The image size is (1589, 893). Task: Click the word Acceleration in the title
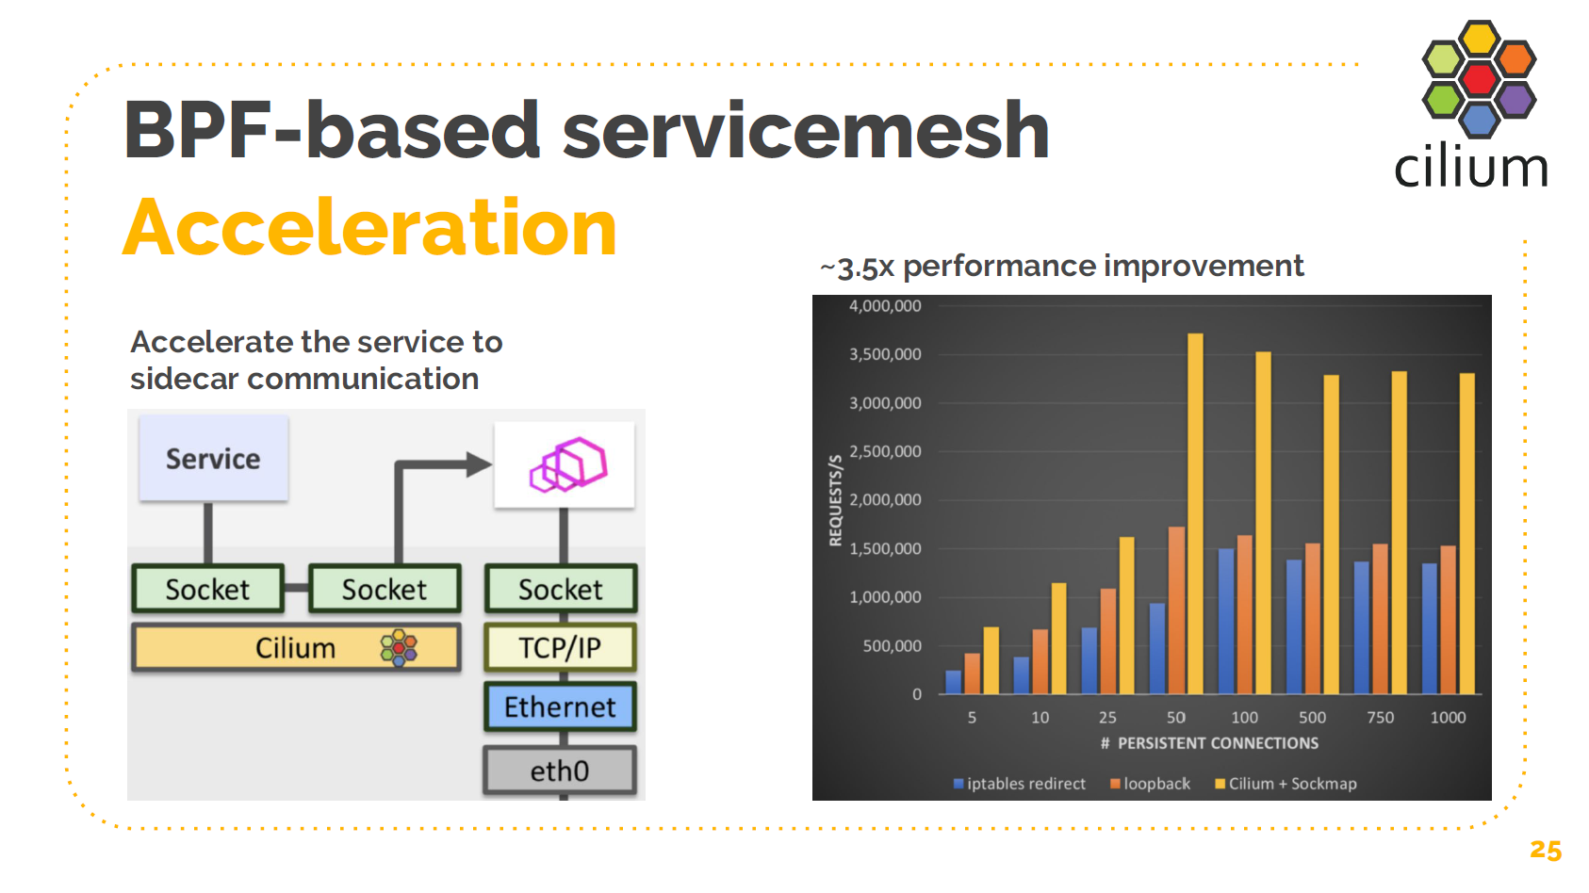[369, 227]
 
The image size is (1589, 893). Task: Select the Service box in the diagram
[213, 459]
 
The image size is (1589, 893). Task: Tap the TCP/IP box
[560, 647]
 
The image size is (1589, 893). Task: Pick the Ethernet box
[560, 706]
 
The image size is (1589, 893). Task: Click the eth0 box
[560, 771]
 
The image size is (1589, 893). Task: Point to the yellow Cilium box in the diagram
[296, 648]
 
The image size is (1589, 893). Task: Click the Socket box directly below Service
[207, 590]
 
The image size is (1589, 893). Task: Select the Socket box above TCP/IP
[560, 590]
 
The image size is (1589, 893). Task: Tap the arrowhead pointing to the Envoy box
[479, 463]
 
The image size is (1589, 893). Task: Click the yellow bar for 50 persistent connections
[1195, 513]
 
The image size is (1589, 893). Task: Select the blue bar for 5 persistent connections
[954, 682]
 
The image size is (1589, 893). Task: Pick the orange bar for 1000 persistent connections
[1448, 620]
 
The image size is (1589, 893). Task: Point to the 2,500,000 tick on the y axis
[885, 451]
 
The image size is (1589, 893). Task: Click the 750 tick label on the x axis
[1380, 718]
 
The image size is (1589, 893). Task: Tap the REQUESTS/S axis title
[835, 500]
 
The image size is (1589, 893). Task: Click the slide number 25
[1546, 850]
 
